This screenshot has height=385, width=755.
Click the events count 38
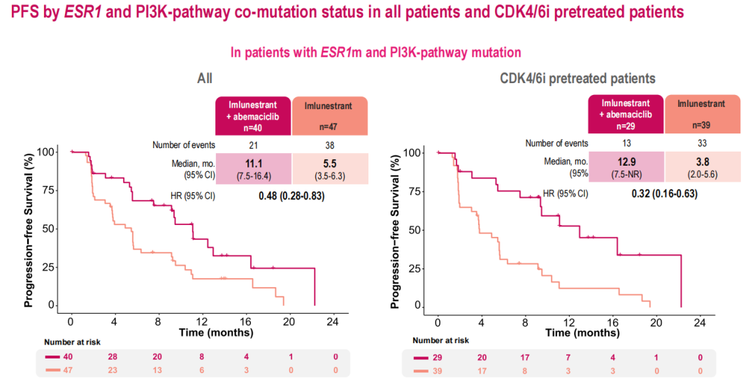[x=330, y=145]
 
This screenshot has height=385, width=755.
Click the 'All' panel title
[x=204, y=78]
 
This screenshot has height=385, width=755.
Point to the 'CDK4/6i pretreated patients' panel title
[x=577, y=78]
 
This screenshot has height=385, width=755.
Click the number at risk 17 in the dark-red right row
[x=524, y=358]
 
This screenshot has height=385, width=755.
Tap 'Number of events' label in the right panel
[x=556, y=143]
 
